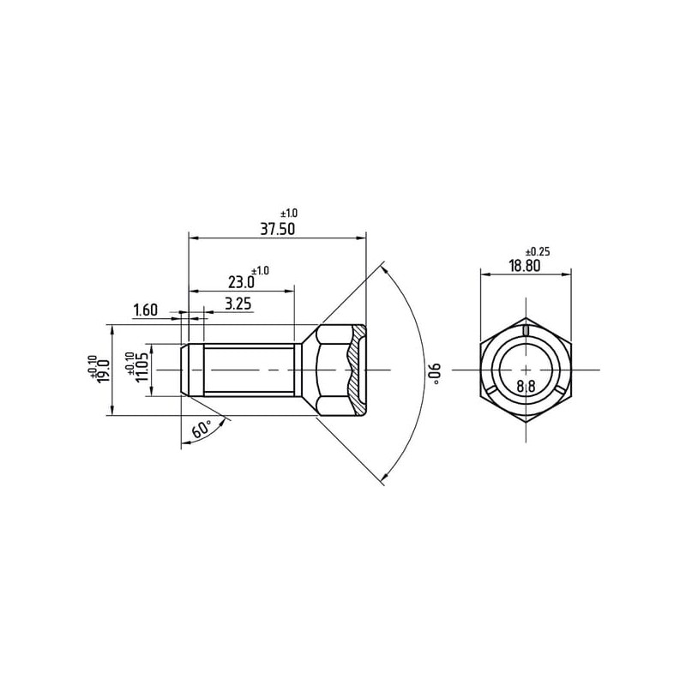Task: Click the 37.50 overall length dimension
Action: click(x=278, y=229)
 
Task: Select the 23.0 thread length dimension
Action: click(x=241, y=282)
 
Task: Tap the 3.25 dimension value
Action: click(x=238, y=304)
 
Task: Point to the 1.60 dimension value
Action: click(x=145, y=310)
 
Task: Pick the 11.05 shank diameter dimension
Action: click(x=143, y=368)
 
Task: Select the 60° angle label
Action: click(x=202, y=430)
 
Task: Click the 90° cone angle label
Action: click(x=437, y=374)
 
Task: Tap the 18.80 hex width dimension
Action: click(x=525, y=266)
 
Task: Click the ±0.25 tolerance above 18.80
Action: click(x=538, y=252)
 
